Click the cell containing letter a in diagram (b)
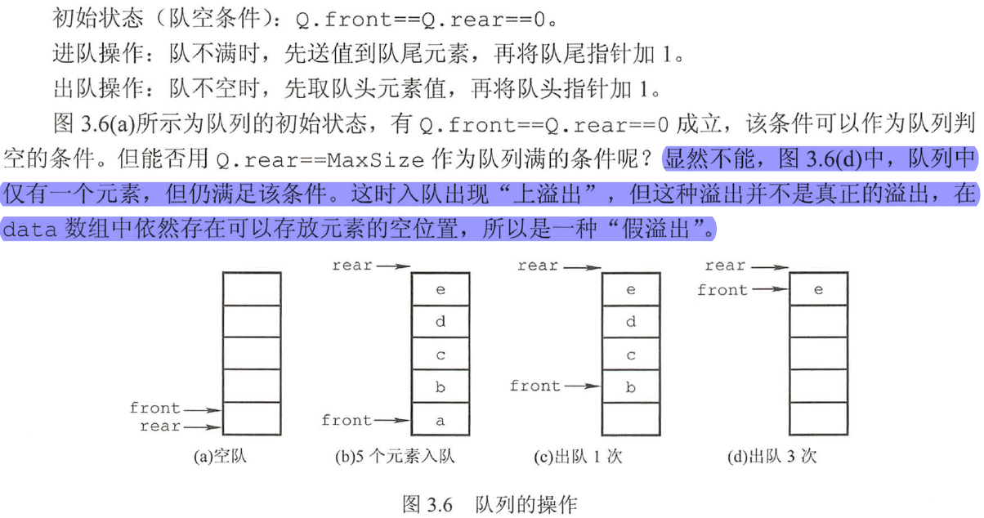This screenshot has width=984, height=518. pos(441,420)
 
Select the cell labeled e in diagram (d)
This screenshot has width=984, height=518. pos(818,290)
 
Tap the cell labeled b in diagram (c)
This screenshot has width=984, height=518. pos(630,386)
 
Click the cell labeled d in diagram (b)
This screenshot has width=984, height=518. pos(441,322)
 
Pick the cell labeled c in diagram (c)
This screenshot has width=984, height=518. pos(630,355)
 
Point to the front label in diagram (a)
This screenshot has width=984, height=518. pos(154,408)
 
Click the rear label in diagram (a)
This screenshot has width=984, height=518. pos(160,426)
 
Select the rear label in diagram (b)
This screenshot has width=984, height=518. pos(352,265)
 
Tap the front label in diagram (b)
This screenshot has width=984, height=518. pos(347,420)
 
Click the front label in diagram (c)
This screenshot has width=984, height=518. pos(535,386)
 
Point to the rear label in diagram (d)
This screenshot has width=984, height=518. pos(725,265)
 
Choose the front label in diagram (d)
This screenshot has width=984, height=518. pos(722,289)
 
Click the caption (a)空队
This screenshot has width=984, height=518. pos(220,457)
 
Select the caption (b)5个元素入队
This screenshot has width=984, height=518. pos(395,457)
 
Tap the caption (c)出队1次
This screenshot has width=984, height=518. pos(578,457)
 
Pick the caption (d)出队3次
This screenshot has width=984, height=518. pos(772,457)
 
